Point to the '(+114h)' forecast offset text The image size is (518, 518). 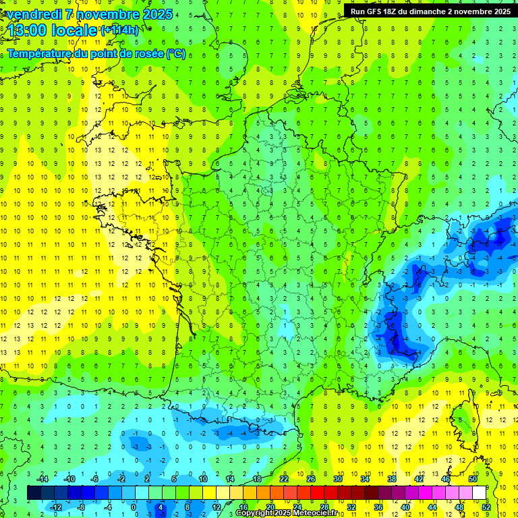(x=120, y=30)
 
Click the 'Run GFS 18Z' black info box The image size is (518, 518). (x=430, y=11)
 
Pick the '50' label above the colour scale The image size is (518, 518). (x=472, y=478)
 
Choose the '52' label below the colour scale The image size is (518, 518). (x=486, y=507)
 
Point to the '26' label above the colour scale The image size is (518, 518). (x=311, y=478)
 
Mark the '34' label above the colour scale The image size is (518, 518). (x=365, y=478)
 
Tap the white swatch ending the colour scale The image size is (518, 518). (x=480, y=492)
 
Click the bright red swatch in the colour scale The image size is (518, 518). (x=318, y=492)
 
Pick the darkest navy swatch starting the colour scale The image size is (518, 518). (x=34, y=492)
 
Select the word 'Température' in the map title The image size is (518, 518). (x=40, y=54)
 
